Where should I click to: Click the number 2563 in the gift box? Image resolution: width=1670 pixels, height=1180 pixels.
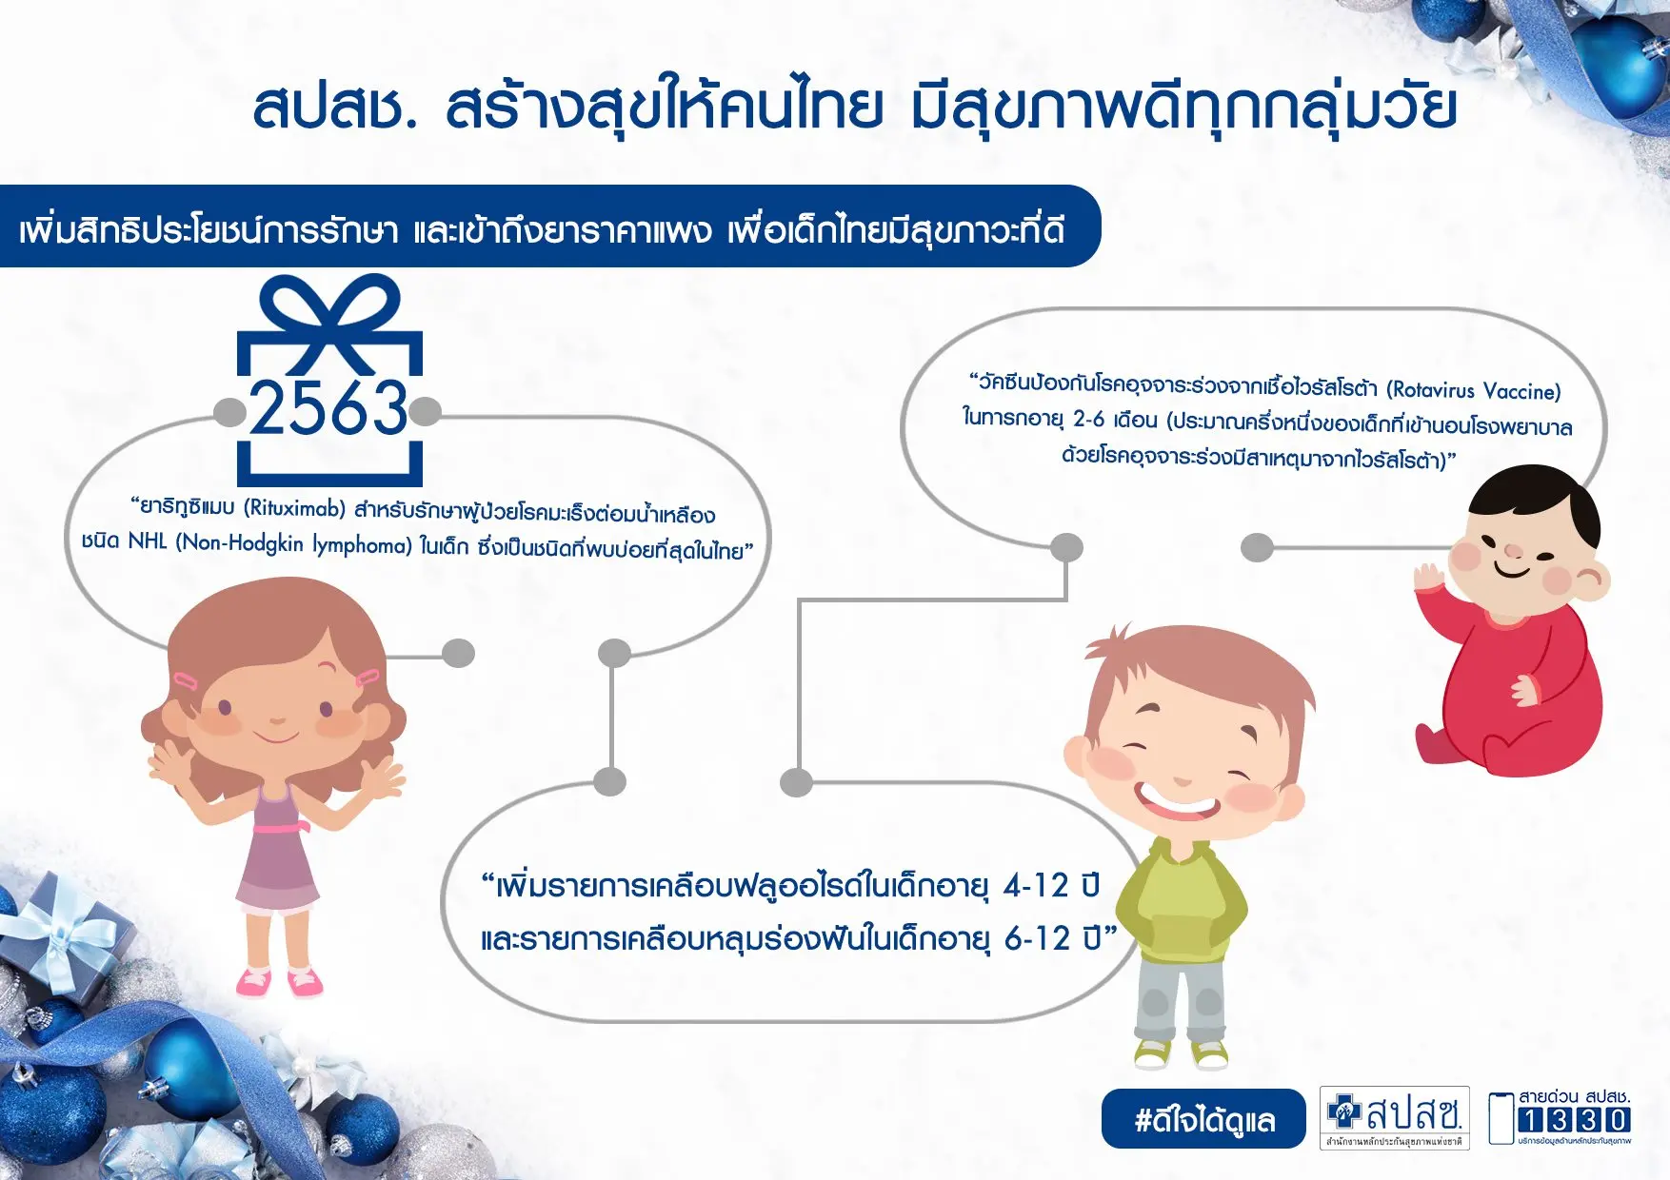click(328, 407)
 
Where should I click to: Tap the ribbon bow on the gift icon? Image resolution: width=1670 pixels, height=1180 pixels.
click(329, 322)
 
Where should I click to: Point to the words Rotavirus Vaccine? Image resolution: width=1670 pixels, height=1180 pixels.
click(1473, 390)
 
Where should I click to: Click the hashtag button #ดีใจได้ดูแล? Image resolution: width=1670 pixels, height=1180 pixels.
click(1203, 1119)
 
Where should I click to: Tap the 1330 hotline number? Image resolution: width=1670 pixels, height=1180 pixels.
click(1574, 1120)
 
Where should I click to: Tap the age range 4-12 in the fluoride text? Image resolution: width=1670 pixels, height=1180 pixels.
click(1036, 886)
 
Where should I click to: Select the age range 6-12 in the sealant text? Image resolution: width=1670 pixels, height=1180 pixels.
click(1037, 939)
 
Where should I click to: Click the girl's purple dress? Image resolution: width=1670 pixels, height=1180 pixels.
click(276, 851)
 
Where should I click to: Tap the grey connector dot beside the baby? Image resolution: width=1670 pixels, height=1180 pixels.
click(1258, 547)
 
